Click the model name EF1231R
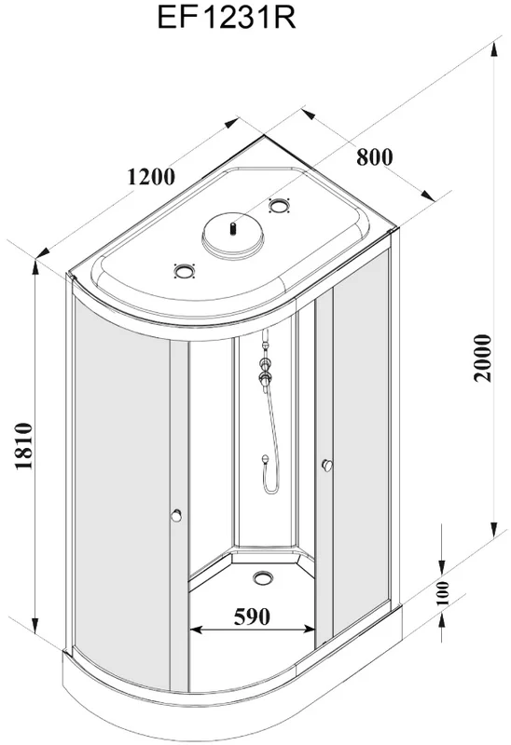point(227,18)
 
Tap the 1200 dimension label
point(151,176)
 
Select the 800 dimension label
point(375,156)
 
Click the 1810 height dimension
point(24,446)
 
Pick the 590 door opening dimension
point(252,616)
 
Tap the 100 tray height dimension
point(443,592)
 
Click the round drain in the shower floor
point(263,577)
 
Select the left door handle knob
point(176,516)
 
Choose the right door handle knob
point(327,466)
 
